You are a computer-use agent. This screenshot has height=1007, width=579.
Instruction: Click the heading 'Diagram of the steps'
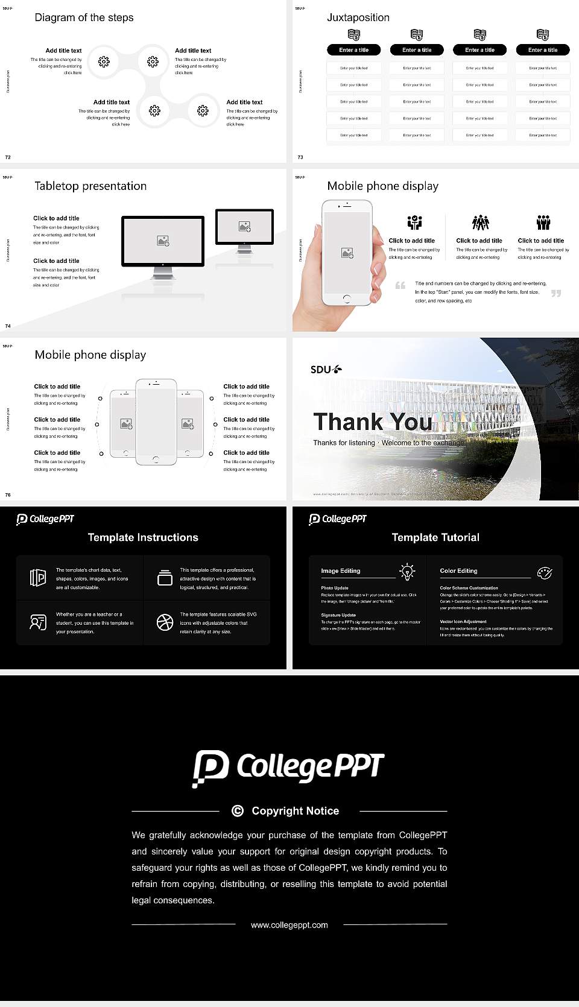pyautogui.click(x=84, y=17)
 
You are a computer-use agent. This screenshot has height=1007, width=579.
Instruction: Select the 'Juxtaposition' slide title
pyautogui.click(x=358, y=17)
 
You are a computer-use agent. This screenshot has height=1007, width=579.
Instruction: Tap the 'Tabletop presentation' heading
pyautogui.click(x=90, y=186)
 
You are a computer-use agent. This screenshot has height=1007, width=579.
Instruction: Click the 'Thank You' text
pyautogui.click(x=373, y=421)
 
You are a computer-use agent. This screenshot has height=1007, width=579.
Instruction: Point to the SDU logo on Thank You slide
pyautogui.click(x=326, y=369)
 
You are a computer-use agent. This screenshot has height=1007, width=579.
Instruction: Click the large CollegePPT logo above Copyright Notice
pyautogui.click(x=289, y=768)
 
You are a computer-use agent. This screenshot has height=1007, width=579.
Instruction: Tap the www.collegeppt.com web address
pyautogui.click(x=289, y=925)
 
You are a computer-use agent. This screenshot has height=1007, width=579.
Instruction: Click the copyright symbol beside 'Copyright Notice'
pyautogui.click(x=238, y=811)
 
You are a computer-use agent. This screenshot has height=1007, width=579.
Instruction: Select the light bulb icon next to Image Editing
pyautogui.click(x=407, y=572)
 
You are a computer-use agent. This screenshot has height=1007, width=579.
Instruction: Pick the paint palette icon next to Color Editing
pyautogui.click(x=545, y=572)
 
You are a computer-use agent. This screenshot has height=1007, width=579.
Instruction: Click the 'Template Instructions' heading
pyautogui.click(x=143, y=537)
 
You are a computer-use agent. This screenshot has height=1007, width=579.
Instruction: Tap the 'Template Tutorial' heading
pyautogui.click(x=435, y=537)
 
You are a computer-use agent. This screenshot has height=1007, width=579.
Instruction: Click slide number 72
pyautogui.click(x=8, y=157)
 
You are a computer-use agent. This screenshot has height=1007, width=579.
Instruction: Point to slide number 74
pyautogui.click(x=8, y=326)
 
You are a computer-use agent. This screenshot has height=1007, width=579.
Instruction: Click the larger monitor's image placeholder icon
pyautogui.click(x=163, y=241)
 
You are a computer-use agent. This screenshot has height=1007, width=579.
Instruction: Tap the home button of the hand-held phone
pyautogui.click(x=346, y=298)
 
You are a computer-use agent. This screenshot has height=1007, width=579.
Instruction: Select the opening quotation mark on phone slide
pyautogui.click(x=400, y=285)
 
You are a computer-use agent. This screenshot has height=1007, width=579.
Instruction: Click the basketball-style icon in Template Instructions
pyautogui.click(x=165, y=622)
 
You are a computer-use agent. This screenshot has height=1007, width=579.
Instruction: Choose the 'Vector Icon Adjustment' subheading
pyautogui.click(x=463, y=621)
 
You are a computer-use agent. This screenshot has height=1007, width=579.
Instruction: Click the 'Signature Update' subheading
pyautogui.click(x=338, y=615)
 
